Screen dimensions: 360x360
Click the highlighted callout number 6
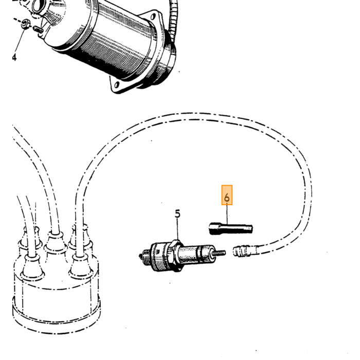[x=227, y=197]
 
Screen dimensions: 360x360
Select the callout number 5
[x=177, y=214]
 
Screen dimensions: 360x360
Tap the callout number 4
[x=14, y=57]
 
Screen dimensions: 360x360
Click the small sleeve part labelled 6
[x=231, y=228]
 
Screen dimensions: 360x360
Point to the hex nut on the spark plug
[x=175, y=255]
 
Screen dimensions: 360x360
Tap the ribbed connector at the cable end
[x=241, y=251]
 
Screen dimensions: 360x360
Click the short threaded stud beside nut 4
[x=38, y=30]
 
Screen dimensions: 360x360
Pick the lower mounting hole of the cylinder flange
[x=117, y=85]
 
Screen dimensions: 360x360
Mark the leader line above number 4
[x=19, y=41]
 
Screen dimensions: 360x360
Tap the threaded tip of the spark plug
[x=145, y=255]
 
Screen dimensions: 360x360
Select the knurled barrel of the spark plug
[x=160, y=256]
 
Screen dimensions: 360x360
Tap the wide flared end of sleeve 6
[x=214, y=228]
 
